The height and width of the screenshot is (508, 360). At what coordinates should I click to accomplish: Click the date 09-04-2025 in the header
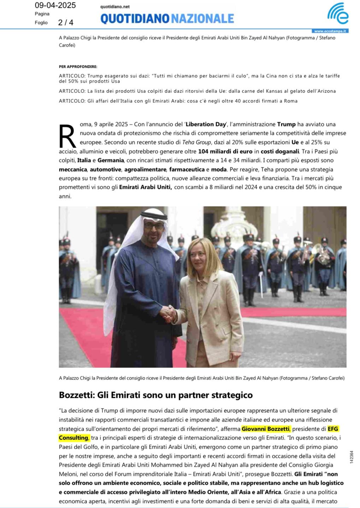[55, 5]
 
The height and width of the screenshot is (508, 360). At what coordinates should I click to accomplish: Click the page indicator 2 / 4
[66, 23]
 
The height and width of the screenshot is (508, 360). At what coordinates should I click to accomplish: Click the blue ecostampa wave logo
[337, 13]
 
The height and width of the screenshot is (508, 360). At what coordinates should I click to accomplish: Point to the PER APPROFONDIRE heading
[78, 66]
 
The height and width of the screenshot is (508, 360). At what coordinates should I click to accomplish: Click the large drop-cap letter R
[67, 136]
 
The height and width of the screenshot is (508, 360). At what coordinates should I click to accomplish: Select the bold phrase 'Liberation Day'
[206, 124]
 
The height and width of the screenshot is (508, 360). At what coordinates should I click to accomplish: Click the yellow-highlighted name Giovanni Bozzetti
[266, 429]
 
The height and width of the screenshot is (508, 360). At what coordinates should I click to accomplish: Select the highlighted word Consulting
[73, 438]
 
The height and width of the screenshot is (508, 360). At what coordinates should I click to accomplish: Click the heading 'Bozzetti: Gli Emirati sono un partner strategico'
[156, 395]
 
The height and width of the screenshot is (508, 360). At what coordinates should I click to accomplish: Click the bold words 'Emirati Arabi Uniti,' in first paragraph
[146, 187]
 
